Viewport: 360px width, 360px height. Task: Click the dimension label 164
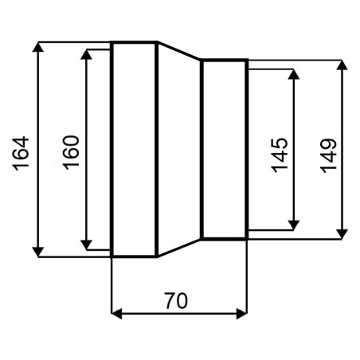[21, 154]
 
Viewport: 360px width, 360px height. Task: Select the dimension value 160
[71, 153]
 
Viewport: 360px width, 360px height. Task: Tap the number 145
[279, 155]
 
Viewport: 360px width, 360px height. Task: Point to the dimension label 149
[328, 156]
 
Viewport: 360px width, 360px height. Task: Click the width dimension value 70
[176, 301]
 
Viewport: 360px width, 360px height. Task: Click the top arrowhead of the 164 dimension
[38, 47]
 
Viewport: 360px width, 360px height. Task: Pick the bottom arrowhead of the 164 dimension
[38, 252]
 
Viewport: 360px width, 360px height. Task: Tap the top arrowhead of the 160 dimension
[86, 54]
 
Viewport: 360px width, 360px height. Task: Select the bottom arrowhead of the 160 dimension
[86, 245]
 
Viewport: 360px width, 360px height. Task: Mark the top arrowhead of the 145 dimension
[294, 74]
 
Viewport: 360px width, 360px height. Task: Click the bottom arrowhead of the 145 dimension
[294, 225]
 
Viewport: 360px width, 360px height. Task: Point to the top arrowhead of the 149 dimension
[342, 65]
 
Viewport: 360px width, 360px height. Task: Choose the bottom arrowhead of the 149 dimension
[342, 234]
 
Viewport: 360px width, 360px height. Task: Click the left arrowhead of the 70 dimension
[116, 314]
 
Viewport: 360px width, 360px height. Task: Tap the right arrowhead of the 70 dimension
[241, 314]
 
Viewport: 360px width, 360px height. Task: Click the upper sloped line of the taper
[178, 50]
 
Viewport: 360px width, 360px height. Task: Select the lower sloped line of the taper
[178, 248]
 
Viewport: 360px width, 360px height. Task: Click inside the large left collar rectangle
[134, 150]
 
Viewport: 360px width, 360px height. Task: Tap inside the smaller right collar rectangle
[224, 150]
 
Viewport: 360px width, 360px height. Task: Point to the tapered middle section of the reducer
[179, 150]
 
